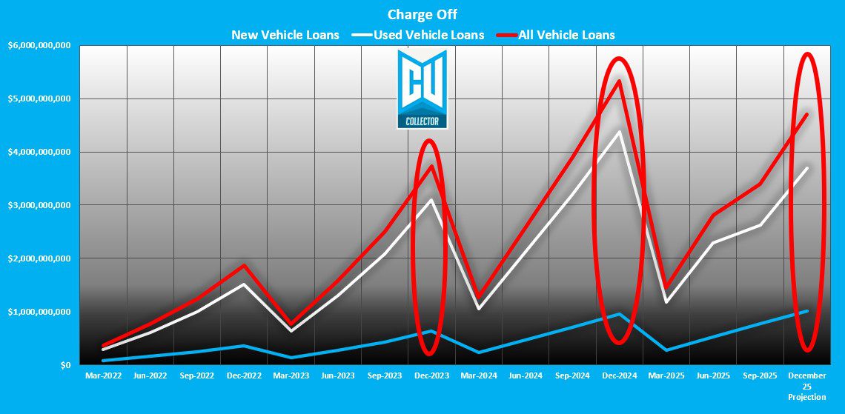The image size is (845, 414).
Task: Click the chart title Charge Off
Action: click(422, 14)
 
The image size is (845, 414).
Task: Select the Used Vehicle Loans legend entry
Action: click(429, 35)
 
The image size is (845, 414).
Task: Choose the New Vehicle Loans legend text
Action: click(285, 35)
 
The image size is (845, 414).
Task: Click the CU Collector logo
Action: click(422, 89)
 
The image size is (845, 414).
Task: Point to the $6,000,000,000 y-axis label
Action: click(39, 45)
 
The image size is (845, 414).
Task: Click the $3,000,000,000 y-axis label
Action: click(39, 205)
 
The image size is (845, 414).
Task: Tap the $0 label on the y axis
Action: click(65, 365)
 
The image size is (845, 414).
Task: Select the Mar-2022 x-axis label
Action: click(103, 376)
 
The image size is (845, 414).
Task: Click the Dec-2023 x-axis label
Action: click(431, 376)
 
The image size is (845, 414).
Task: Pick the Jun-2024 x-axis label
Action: click(525, 376)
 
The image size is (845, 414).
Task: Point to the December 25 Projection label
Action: click(806, 387)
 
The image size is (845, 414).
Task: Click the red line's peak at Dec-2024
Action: click(619, 81)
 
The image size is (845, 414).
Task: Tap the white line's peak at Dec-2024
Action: click(619, 132)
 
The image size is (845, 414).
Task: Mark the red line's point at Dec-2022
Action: click(244, 265)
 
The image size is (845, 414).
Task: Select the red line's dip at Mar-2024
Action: click(478, 297)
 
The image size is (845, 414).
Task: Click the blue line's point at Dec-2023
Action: click(431, 331)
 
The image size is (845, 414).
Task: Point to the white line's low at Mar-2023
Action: click(291, 330)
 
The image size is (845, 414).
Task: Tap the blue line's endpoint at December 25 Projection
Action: click(806, 311)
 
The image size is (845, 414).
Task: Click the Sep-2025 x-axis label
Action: click(760, 376)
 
